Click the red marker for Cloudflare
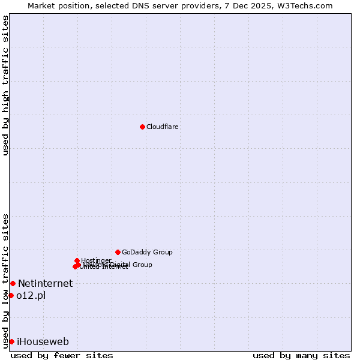(142, 127)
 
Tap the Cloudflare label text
(163, 127)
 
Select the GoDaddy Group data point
(118, 252)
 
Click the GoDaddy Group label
(147, 252)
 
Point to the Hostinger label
(96, 260)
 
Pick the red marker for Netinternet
(13, 283)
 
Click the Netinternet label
(45, 283)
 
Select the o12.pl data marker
(11, 295)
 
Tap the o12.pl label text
(31, 295)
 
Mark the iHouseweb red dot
(11, 341)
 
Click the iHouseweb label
(43, 341)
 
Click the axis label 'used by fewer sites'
(62, 355)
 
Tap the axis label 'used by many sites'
(301, 355)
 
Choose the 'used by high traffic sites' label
(5, 85)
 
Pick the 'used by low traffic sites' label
(5, 280)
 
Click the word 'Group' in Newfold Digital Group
(142, 265)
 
